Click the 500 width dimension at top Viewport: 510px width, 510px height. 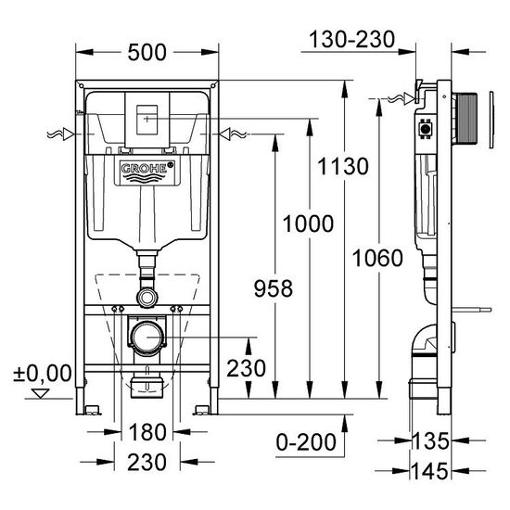pos(147,52)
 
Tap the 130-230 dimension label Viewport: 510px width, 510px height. pos(352,39)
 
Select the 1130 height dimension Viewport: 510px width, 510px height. pos(343,166)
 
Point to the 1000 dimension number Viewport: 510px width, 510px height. pos(308,223)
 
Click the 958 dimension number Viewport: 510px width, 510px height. pos(274,288)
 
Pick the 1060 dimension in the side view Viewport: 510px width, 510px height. pos(377,258)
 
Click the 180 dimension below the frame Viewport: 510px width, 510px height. pos(147,432)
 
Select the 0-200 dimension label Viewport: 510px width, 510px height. pos(306,442)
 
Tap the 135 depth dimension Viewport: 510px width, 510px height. pos(430,441)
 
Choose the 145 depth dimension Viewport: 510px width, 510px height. pos(430,471)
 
